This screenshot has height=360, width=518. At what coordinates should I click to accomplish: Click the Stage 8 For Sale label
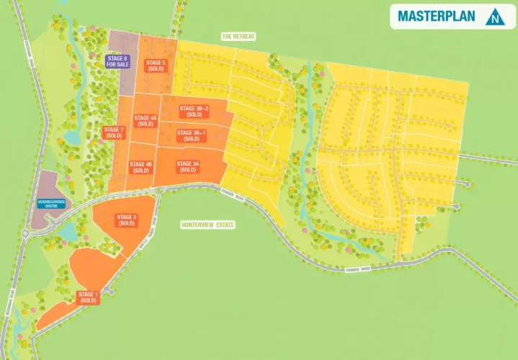[117, 61]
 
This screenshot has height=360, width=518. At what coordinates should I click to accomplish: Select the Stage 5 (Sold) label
[156, 66]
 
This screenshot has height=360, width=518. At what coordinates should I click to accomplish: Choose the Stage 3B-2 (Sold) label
[194, 112]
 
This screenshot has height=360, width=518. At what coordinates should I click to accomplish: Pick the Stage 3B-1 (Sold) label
[192, 135]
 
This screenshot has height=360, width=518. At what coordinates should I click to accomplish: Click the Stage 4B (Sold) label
[141, 167]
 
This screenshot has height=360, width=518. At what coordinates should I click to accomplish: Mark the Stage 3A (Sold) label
[188, 166]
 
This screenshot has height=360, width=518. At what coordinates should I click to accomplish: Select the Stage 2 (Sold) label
[127, 220]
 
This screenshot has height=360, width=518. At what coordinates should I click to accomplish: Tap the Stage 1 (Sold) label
[89, 297]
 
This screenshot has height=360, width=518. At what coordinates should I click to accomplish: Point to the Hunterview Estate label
[209, 225]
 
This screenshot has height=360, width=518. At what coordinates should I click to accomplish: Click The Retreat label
[238, 35]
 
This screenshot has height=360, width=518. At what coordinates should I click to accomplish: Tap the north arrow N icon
[494, 17]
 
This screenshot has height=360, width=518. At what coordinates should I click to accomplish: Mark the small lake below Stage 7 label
[71, 136]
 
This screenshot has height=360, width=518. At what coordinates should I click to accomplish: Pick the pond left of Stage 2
[69, 232]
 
